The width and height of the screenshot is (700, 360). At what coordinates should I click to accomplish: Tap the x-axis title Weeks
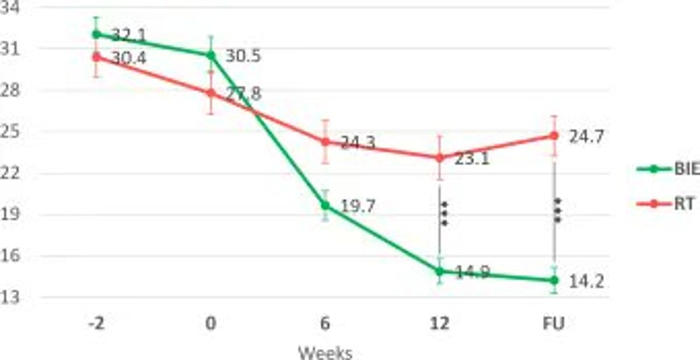pos(325,352)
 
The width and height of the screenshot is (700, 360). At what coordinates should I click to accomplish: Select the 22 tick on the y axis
pos(10,173)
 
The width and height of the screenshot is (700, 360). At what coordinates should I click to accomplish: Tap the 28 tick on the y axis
pos(10,90)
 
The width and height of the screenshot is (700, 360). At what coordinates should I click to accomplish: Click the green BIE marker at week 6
pos(325,205)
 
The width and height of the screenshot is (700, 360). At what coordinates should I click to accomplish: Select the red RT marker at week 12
pos(439,158)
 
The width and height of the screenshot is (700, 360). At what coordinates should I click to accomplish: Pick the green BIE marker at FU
pos(554,281)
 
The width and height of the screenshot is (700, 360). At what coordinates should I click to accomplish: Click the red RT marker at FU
pos(554,135)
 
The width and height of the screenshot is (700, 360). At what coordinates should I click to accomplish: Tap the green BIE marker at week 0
pos(211,55)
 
